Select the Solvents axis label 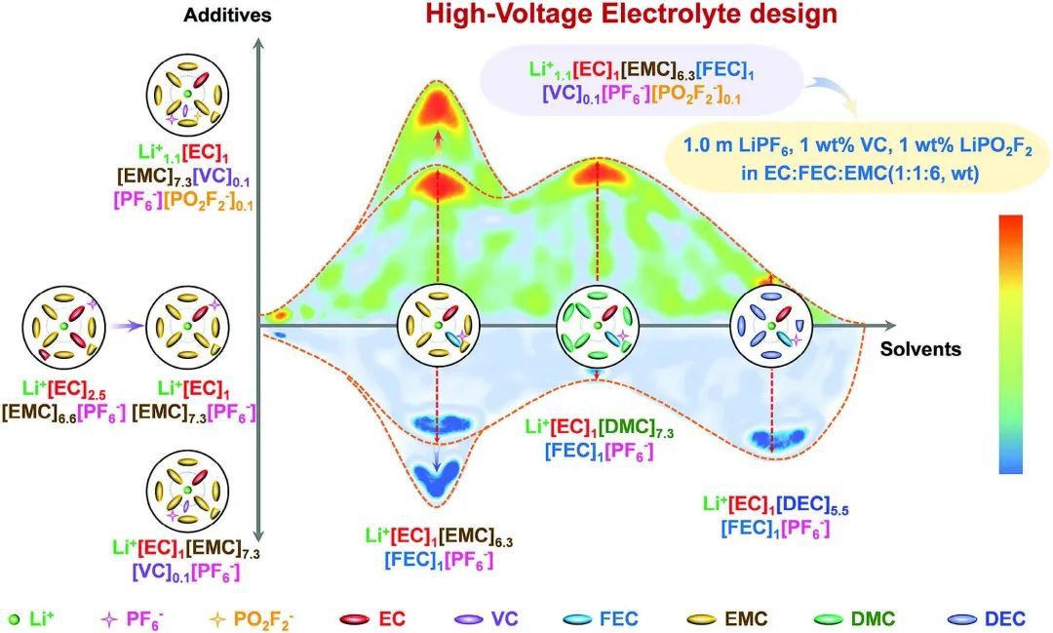click(921, 349)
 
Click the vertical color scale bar click(1011, 343)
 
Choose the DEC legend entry click(979, 618)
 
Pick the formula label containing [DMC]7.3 click(589, 439)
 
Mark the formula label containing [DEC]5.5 click(776, 517)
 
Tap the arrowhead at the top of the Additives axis click(256, 44)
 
